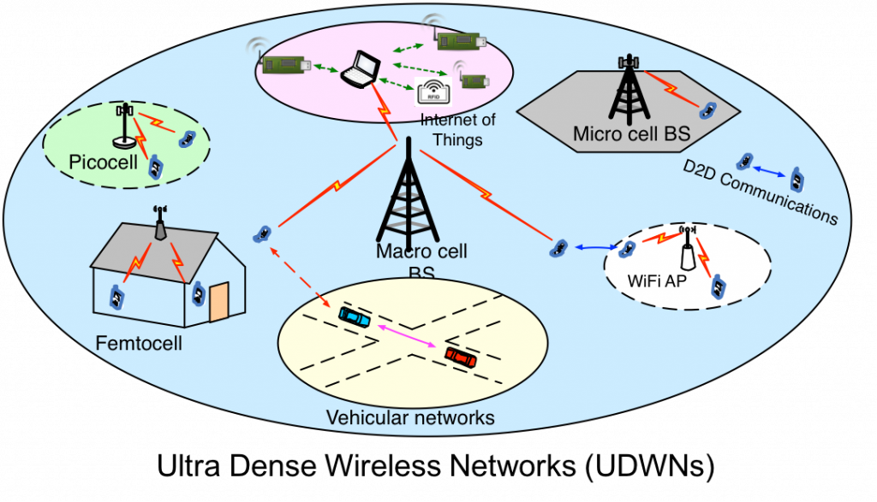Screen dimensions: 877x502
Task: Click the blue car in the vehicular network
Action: (355, 317)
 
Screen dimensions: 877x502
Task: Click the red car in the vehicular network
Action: (461, 357)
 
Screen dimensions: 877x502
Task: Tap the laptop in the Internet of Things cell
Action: (361, 69)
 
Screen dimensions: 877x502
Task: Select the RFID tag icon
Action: (433, 91)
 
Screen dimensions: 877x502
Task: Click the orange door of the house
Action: (218, 302)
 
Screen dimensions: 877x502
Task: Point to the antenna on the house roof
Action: (160, 223)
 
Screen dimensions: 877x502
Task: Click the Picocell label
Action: (103, 162)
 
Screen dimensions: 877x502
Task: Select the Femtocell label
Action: (139, 342)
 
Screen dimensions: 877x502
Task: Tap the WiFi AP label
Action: (657, 281)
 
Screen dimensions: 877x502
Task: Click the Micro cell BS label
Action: (632, 134)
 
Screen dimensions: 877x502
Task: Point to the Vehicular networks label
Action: (410, 417)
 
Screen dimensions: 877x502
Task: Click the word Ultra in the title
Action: (188, 466)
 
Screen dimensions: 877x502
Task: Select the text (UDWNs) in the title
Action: (650, 466)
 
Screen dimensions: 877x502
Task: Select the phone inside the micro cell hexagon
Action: (708, 110)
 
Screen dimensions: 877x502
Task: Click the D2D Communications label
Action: (761, 192)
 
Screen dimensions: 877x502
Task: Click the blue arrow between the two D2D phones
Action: (770, 171)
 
